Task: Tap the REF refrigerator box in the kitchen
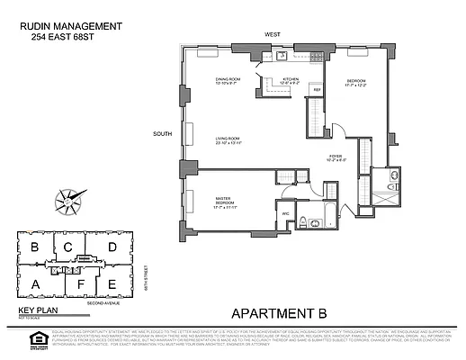pyautogui.click(x=317, y=90)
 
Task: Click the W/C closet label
pyautogui.click(x=285, y=212)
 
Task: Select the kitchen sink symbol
pyautogui.click(x=282, y=57)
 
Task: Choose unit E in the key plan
pyautogui.click(x=111, y=286)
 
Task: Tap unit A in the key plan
pyautogui.click(x=35, y=285)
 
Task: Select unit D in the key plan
pyautogui.click(x=112, y=247)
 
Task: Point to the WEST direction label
pyautogui.click(x=272, y=34)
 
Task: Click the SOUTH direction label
pyautogui.click(x=162, y=135)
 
